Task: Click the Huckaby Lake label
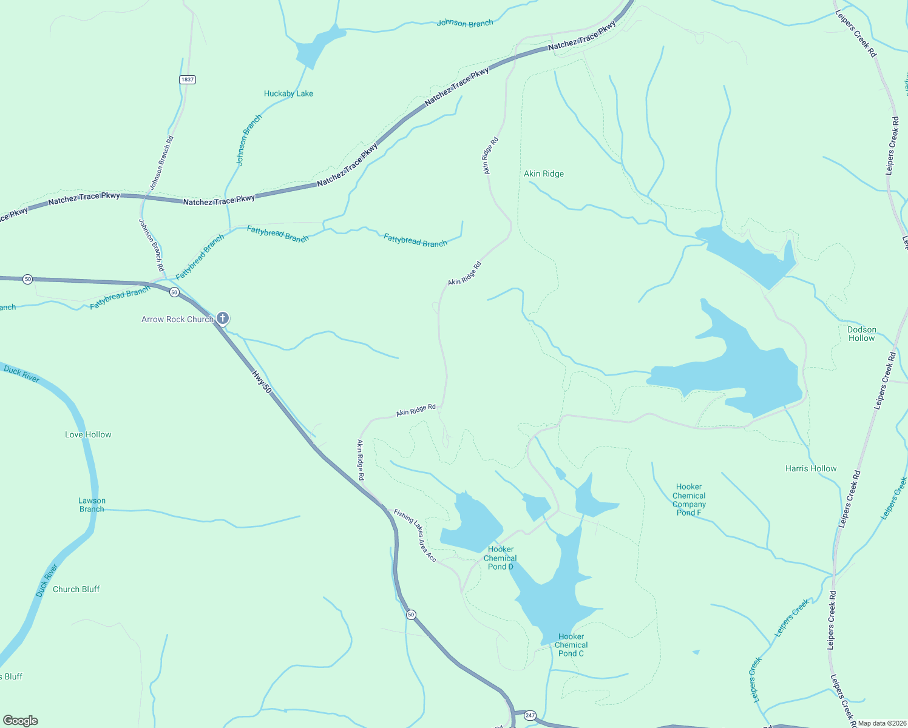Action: [x=288, y=93]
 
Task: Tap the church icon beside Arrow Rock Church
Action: [x=223, y=318]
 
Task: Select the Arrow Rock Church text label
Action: [x=177, y=319]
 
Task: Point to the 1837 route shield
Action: [x=188, y=79]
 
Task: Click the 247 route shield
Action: [x=530, y=715]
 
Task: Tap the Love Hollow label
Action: [x=88, y=434]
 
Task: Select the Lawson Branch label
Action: [x=92, y=505]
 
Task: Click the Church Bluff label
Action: [x=76, y=589]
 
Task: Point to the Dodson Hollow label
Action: [x=861, y=334]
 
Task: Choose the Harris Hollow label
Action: [x=810, y=468]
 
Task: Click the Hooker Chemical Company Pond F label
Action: [x=689, y=499]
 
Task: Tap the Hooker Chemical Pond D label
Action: [x=501, y=558]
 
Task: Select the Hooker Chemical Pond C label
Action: [x=571, y=645]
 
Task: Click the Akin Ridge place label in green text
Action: [x=544, y=174]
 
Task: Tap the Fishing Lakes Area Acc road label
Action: [x=415, y=534]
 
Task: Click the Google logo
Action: [x=21, y=720]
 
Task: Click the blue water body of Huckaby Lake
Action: [x=316, y=45]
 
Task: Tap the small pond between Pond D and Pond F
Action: [x=537, y=505]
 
